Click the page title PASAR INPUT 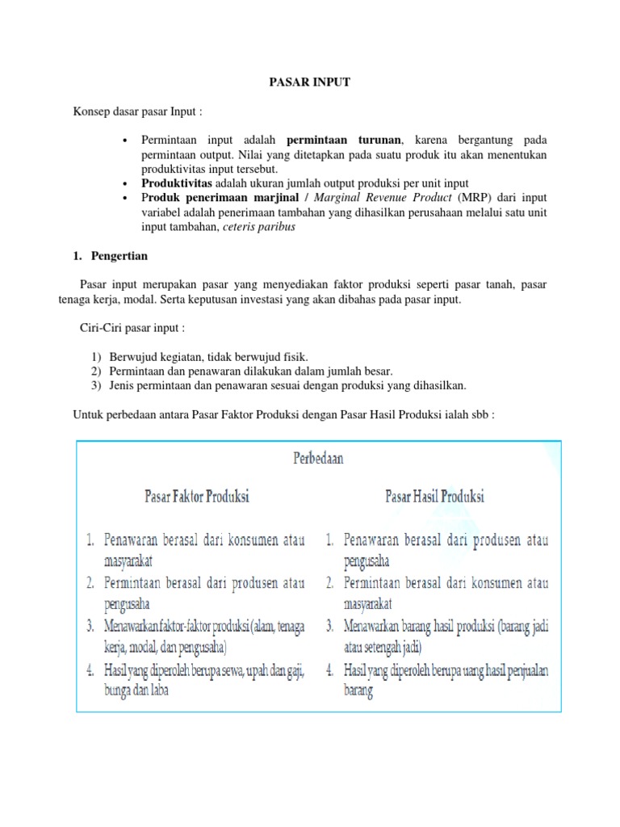pyautogui.click(x=309, y=82)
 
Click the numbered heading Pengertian pyautogui.click(x=118, y=255)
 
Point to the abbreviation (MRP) pyautogui.click(x=475, y=198)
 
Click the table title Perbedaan pyautogui.click(x=316, y=458)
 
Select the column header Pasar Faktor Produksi pyautogui.click(x=196, y=496)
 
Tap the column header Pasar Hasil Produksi pyautogui.click(x=435, y=495)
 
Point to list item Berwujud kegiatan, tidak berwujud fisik pyautogui.click(x=208, y=356)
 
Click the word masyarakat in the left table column pyautogui.click(x=128, y=559)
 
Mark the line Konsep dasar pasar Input pyautogui.click(x=137, y=110)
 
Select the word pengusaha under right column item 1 pyautogui.click(x=367, y=559)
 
